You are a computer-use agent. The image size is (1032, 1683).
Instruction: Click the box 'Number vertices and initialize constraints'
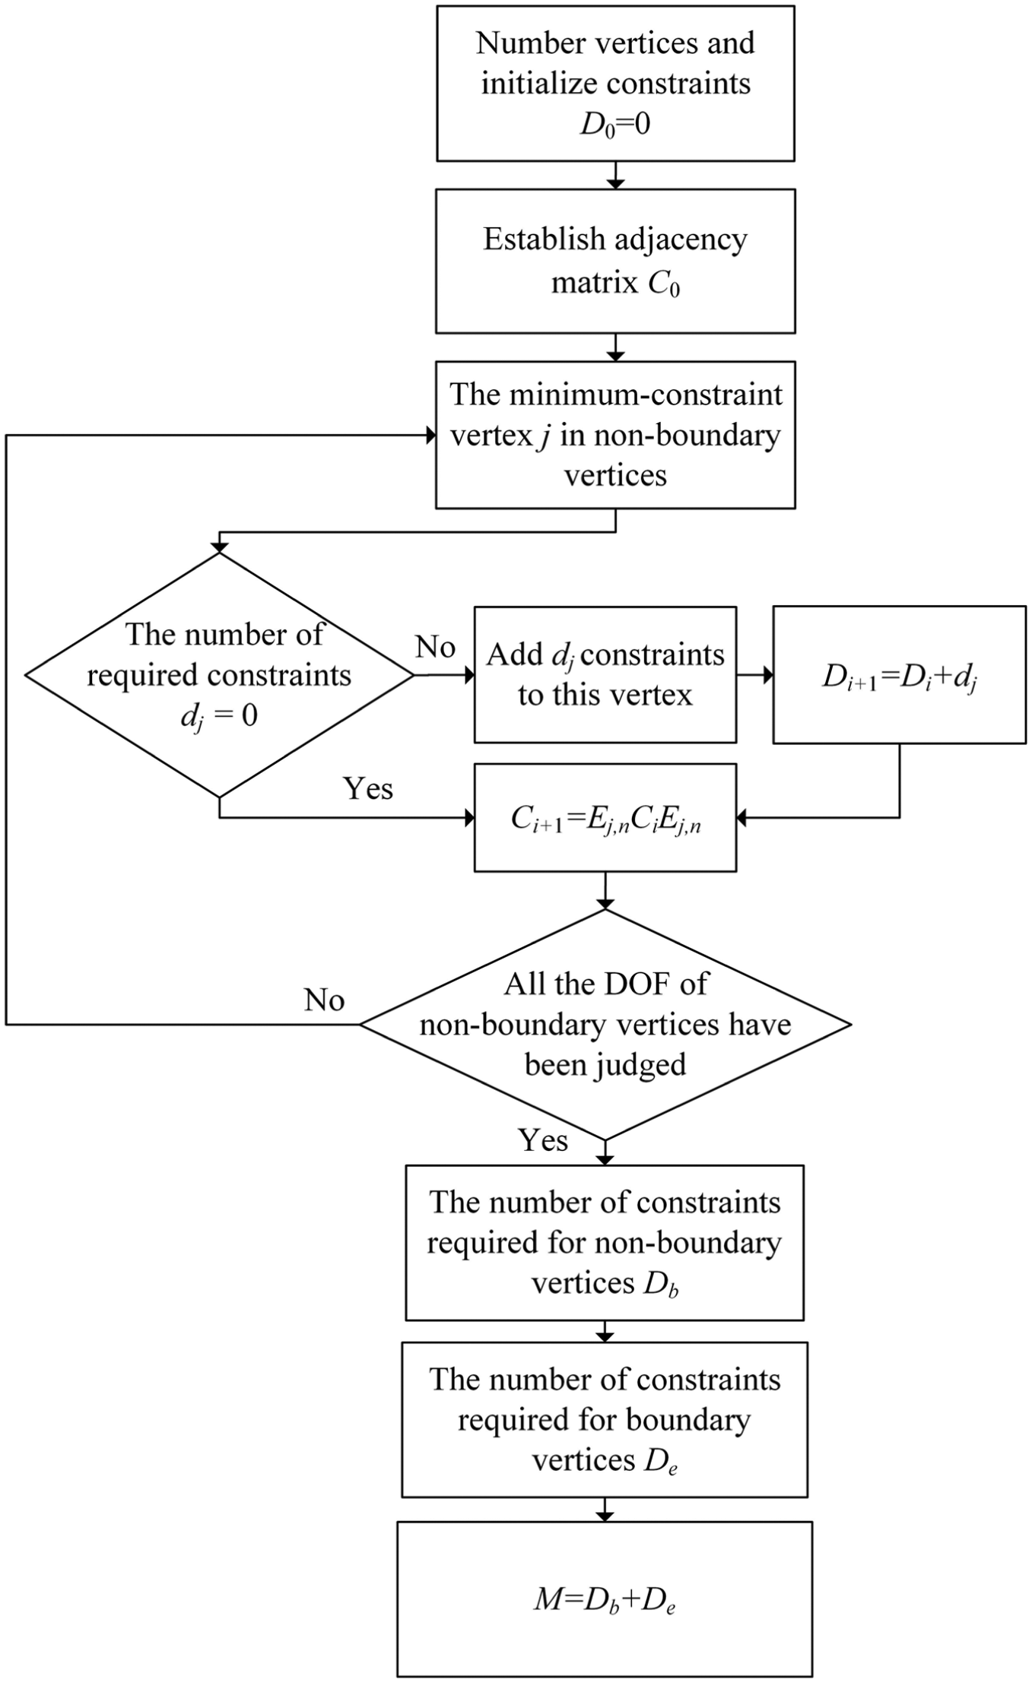[615, 84]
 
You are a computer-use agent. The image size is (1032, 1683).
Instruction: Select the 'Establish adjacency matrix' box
[615, 261]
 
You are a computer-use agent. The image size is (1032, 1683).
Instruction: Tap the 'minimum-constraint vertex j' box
[615, 435]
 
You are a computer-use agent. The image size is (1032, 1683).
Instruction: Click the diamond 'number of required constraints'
[220, 674]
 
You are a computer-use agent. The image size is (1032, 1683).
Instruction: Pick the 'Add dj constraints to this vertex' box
[605, 674]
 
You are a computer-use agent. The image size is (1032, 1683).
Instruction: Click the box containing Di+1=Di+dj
[900, 674]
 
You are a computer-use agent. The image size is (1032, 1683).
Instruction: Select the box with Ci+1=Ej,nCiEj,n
[605, 817]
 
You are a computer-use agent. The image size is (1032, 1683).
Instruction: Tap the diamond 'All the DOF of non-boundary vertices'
[605, 1024]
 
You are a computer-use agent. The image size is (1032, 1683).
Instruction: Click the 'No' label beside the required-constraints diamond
[435, 648]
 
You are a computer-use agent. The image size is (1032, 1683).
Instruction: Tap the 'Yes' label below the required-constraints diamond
[369, 788]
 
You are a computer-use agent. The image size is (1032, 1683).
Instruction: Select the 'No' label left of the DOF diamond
[325, 1000]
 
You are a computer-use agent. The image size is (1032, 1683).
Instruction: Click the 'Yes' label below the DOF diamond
[543, 1140]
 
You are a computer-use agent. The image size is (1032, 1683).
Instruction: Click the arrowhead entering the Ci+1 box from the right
[743, 817]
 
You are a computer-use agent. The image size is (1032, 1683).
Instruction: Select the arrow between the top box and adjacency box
[615, 175]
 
